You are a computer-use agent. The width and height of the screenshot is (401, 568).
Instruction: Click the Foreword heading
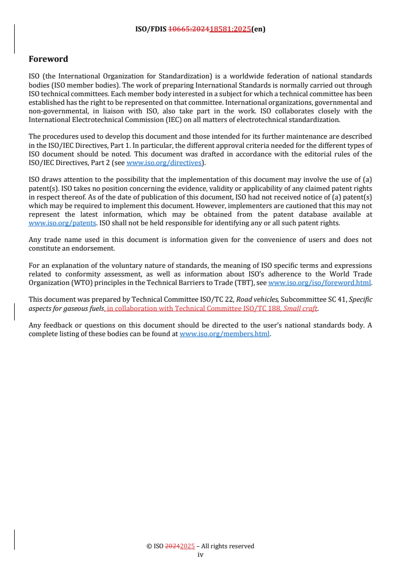tap(48, 59)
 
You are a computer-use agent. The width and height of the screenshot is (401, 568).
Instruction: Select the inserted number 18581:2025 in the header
tap(230, 29)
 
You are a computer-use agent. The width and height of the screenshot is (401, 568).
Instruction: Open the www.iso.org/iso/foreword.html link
tap(319, 283)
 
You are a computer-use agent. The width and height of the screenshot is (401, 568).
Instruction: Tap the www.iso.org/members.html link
tap(225, 334)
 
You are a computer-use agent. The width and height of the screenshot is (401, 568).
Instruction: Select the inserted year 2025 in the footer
tap(187, 546)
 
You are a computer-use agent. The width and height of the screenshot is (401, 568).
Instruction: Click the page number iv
tap(200, 554)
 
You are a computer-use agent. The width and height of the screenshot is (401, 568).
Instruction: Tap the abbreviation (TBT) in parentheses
tap(244, 283)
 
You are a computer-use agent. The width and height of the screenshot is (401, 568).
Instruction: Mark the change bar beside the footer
tap(14, 539)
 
